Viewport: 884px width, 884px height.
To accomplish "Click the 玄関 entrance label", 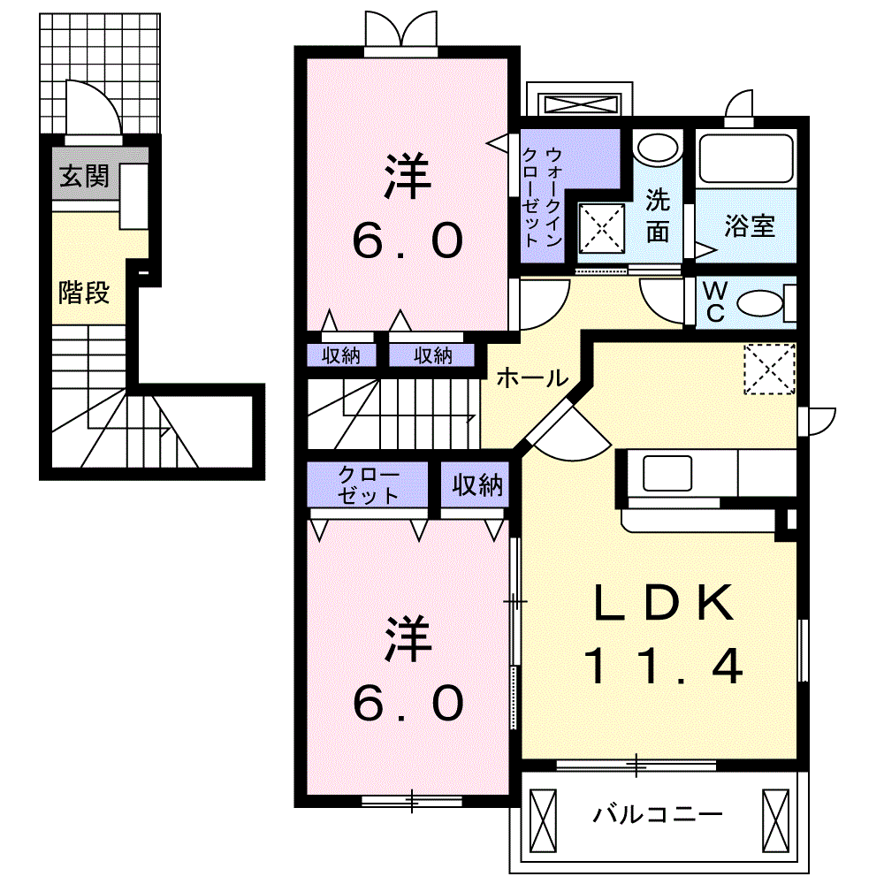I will click(x=84, y=176).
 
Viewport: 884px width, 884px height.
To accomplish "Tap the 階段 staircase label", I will click(x=84, y=292).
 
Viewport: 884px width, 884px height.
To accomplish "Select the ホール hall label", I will click(x=530, y=378).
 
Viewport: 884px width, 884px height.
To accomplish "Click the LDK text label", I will click(x=663, y=604).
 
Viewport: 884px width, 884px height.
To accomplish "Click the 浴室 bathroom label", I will click(x=750, y=226).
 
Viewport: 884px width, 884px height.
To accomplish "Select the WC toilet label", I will click(x=713, y=302).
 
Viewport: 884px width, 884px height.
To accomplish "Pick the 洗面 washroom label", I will click(x=656, y=216).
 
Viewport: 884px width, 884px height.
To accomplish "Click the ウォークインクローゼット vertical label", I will click(x=542, y=196).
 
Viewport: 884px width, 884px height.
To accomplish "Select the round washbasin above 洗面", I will click(x=655, y=147).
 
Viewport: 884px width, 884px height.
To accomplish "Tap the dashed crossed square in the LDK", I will click(x=769, y=369).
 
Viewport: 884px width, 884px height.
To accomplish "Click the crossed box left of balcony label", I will click(x=543, y=819).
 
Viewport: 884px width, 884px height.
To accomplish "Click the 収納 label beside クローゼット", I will click(x=477, y=484).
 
